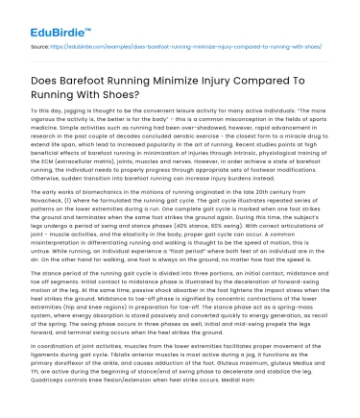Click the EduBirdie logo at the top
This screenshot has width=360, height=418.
tap(46, 17)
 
